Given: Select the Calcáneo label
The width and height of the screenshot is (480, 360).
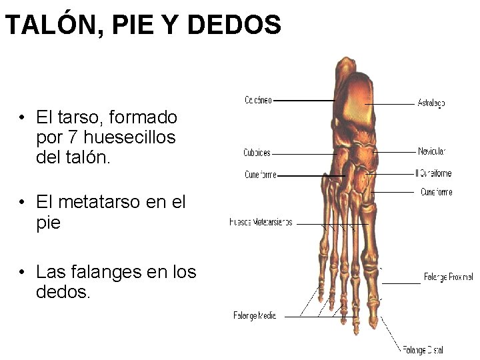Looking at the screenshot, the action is pyautogui.click(x=257, y=101).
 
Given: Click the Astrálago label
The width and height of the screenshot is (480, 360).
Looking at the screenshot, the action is pyautogui.click(x=431, y=103).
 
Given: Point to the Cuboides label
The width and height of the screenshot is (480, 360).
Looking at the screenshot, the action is pyautogui.click(x=257, y=153).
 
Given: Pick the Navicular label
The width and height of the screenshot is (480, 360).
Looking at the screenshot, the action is pyautogui.click(x=431, y=151).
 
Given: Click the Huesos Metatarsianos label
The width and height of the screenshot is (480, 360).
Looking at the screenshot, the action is pyautogui.click(x=261, y=223).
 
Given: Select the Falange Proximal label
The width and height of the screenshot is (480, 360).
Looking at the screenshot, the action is pyautogui.click(x=448, y=277).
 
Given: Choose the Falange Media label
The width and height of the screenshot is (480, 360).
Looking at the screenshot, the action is pyautogui.click(x=255, y=315).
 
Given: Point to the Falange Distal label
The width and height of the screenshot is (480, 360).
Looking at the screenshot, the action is pyautogui.click(x=423, y=349).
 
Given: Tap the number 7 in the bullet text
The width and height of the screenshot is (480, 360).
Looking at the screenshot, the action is pyautogui.click(x=70, y=138).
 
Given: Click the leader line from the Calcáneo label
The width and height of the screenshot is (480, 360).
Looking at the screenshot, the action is pyautogui.click(x=303, y=101).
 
